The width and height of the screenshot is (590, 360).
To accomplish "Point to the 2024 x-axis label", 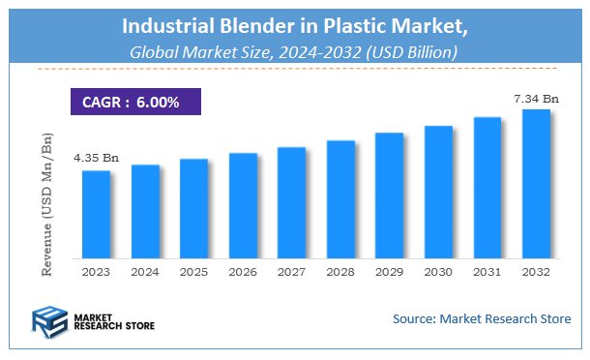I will pyautogui.click(x=145, y=273).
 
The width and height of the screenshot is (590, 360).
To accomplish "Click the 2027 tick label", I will pyautogui.click(x=291, y=273).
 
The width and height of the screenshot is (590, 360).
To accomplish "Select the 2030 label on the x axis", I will pyautogui.click(x=438, y=273).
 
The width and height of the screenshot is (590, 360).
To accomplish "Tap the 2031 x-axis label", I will pyautogui.click(x=487, y=273).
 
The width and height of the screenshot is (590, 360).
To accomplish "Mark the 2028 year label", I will pyautogui.click(x=340, y=273).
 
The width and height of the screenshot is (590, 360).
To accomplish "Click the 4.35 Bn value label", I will pyautogui.click(x=95, y=157).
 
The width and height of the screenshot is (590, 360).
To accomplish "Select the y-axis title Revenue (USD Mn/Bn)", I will pyautogui.click(x=45, y=205).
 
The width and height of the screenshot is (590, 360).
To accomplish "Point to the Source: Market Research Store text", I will pyautogui.click(x=482, y=318).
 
